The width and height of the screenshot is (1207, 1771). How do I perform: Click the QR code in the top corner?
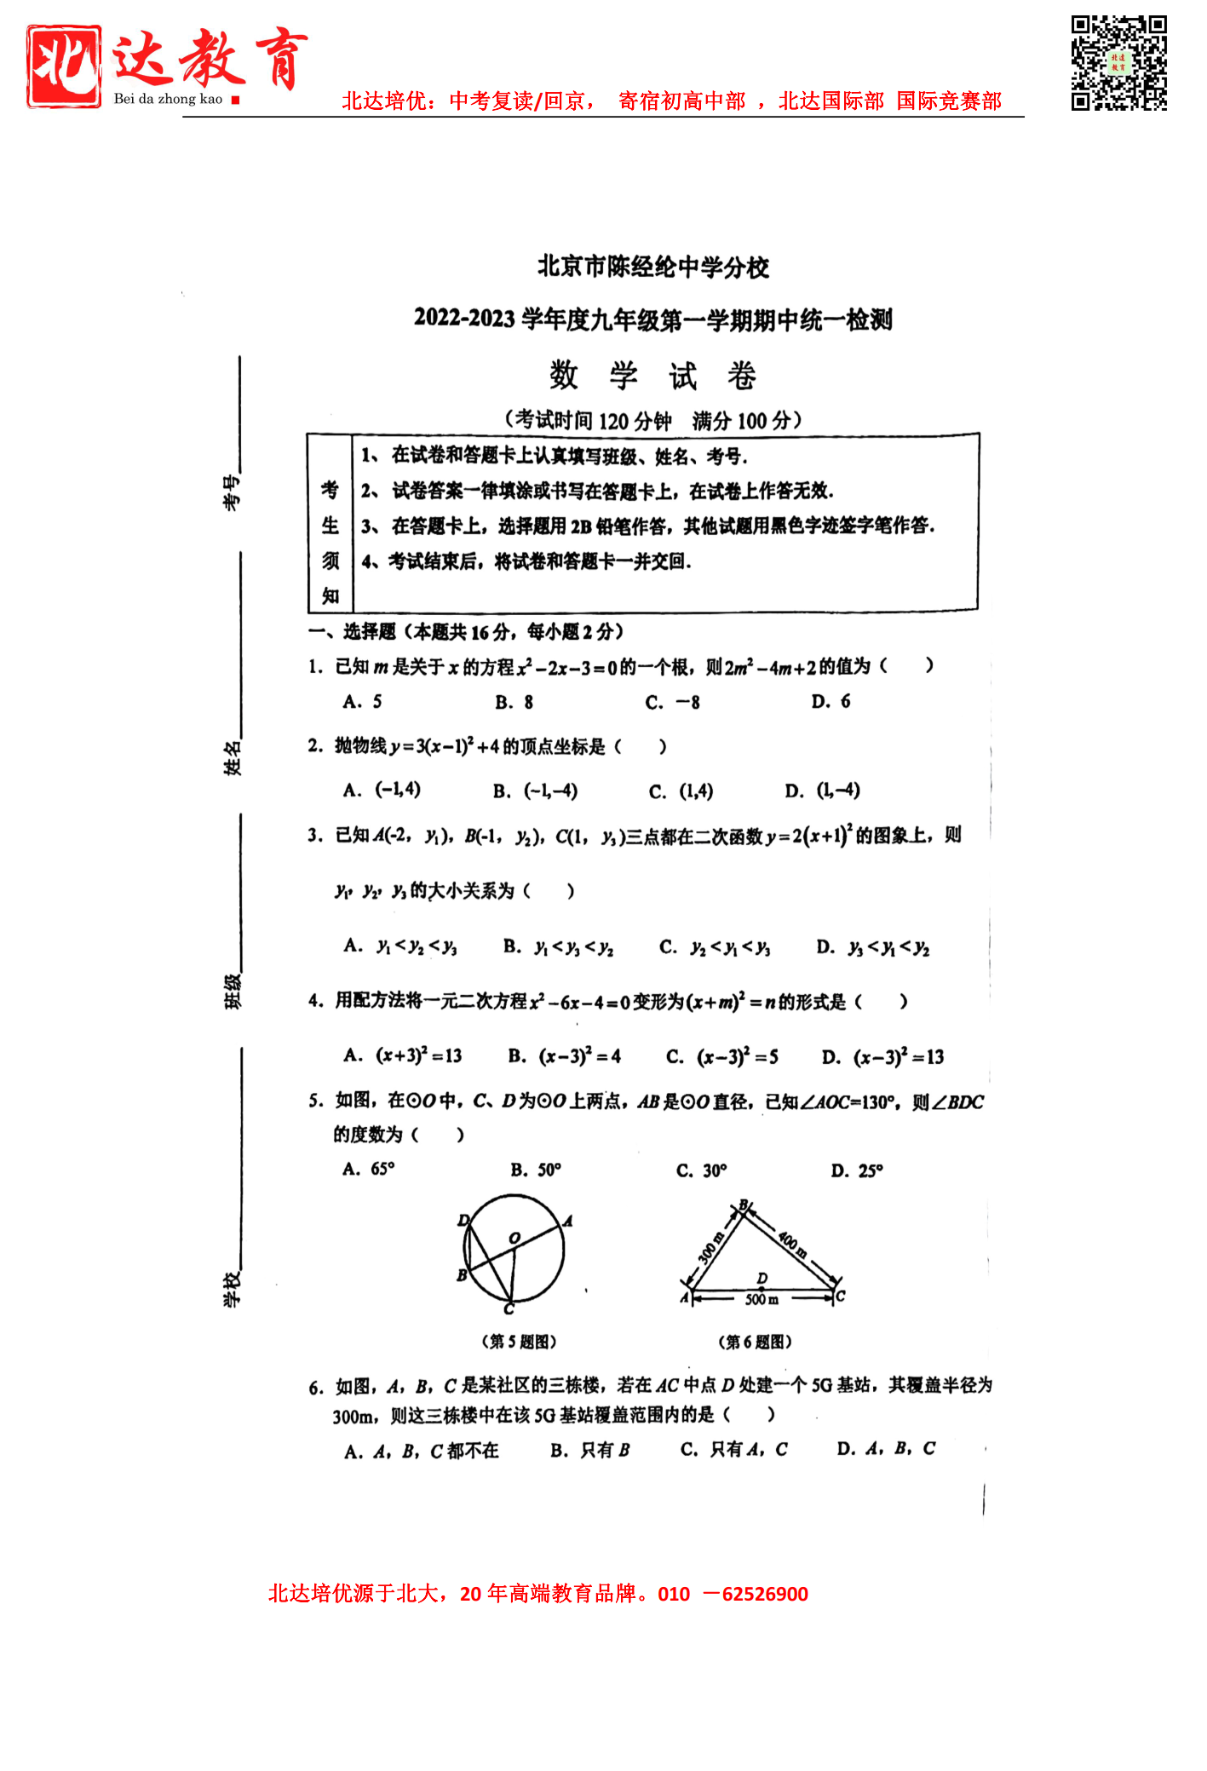pyautogui.click(x=1118, y=63)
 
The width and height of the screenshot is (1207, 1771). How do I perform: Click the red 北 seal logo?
pyautogui.click(x=64, y=66)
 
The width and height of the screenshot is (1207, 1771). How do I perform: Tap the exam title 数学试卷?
pyautogui.click(x=652, y=375)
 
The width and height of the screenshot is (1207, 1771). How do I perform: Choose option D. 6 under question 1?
pyautogui.click(x=831, y=702)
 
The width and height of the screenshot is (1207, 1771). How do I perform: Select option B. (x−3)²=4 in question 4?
pyautogui.click(x=565, y=1057)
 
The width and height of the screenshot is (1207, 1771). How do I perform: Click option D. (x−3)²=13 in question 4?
pyautogui.click(x=882, y=1057)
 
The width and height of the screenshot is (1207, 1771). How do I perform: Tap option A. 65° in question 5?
pyautogui.click(x=369, y=1170)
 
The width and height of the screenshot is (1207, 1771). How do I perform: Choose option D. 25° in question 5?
pyautogui.click(x=857, y=1170)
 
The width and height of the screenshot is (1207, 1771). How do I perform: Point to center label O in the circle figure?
pyautogui.click(x=514, y=1238)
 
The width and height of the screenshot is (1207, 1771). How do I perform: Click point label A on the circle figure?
pyautogui.click(x=568, y=1221)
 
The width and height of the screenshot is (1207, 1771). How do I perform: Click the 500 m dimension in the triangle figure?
pyautogui.click(x=762, y=1300)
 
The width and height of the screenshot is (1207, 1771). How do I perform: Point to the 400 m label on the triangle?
pyautogui.click(x=792, y=1245)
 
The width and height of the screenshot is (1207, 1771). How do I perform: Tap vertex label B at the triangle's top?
pyautogui.click(x=744, y=1205)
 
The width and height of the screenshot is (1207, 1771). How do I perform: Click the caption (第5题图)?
pyautogui.click(x=519, y=1342)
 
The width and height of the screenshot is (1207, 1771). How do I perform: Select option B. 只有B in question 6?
pyautogui.click(x=590, y=1450)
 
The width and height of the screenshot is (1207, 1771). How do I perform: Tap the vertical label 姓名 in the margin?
pyautogui.click(x=232, y=758)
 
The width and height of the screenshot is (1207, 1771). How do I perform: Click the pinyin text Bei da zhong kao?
pyautogui.click(x=168, y=99)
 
